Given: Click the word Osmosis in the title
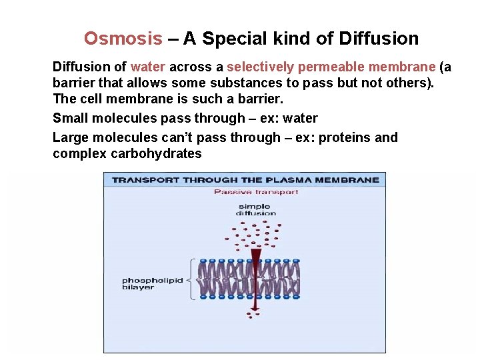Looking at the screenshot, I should [x=123, y=39].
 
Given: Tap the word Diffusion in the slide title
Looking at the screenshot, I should [x=379, y=39].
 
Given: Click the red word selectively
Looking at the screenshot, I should [x=260, y=67].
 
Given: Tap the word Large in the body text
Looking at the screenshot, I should [x=71, y=138].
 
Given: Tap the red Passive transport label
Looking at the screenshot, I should [x=256, y=192].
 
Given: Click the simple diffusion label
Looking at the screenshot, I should [x=256, y=210].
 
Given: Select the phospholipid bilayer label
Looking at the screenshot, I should [x=152, y=284].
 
